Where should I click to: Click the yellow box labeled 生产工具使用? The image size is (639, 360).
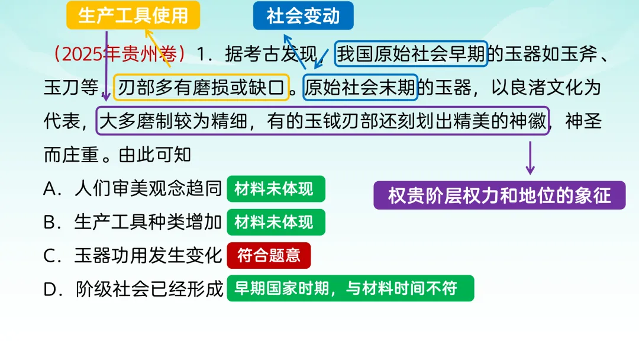pos(133,15)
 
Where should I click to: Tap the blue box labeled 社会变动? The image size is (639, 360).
pos(303,15)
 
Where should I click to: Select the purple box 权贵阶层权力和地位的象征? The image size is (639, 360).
pos(499,195)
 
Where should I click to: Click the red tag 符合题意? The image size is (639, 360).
pos(269,256)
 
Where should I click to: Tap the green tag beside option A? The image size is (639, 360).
pos(276,189)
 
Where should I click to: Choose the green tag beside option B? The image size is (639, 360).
pos(276,223)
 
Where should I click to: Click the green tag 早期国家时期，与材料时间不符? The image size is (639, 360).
pos(350,288)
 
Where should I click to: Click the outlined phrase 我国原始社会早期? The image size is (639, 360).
pos(411,54)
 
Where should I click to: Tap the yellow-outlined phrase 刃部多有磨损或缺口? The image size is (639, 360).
pos(201,88)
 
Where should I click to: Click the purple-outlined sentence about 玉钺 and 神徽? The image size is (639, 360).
pos(322,121)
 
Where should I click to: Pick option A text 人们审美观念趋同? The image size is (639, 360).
pos(148,189)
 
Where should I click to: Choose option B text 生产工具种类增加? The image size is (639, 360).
pos(148,223)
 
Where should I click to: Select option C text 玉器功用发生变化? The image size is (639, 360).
pos(148,256)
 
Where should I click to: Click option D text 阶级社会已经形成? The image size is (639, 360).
pos(149,289)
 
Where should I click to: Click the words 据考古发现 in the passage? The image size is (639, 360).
pos(272,54)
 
